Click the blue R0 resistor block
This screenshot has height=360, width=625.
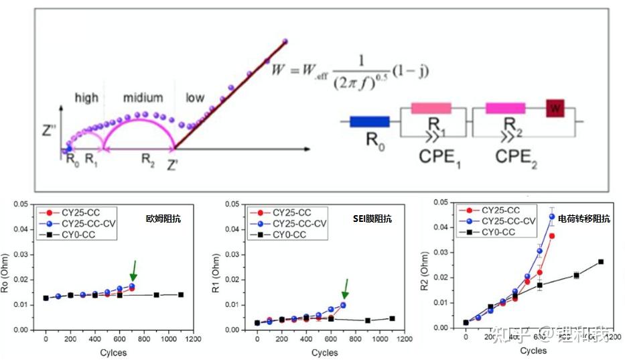tap(370, 122)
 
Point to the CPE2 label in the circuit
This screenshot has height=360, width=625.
tap(517, 156)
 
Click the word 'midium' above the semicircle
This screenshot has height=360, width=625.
tap(143, 98)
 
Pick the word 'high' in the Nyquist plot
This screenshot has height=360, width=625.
tap(86, 98)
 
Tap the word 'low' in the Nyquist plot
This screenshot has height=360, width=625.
tap(195, 98)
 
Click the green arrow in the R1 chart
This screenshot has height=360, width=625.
tap(346, 288)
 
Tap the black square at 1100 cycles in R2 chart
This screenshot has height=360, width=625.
tap(601, 261)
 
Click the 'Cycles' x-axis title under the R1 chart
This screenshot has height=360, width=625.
tap(325, 352)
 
